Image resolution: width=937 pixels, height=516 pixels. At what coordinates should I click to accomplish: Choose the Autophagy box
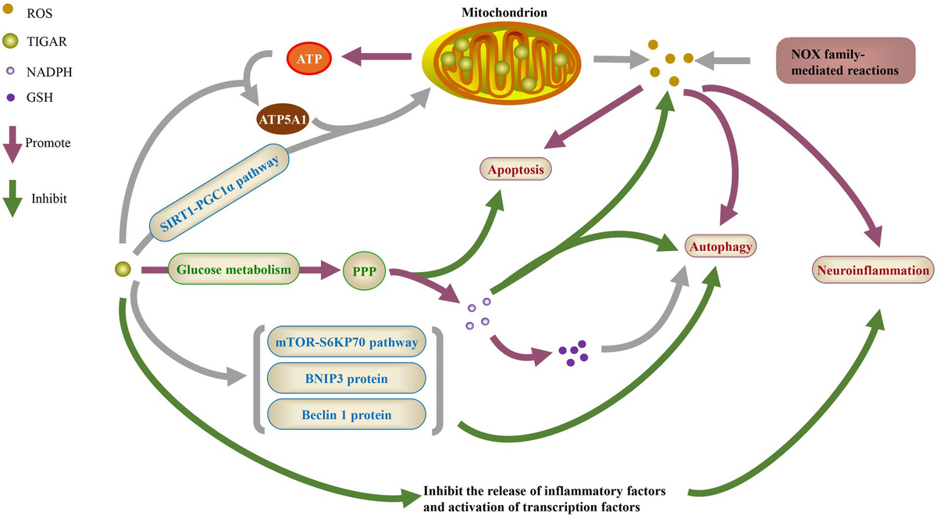pos(721,247)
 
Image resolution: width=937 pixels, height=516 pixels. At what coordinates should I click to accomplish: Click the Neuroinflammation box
pos(874,271)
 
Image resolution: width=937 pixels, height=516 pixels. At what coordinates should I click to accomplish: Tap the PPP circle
pos(365,271)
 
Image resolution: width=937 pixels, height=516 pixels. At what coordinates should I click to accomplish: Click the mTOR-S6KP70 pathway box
pos(347,342)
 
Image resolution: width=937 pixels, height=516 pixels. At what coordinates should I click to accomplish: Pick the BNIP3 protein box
pos(347,378)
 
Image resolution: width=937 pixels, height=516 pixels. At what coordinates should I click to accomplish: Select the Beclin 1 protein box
pos(347,414)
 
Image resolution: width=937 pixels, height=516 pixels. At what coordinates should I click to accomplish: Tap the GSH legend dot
pos(10,98)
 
